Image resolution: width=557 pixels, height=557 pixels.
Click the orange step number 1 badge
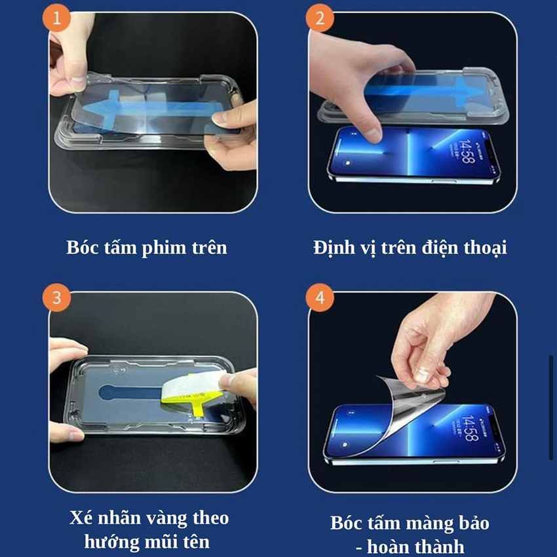tap(56, 18)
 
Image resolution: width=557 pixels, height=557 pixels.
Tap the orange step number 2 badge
tap(320, 18)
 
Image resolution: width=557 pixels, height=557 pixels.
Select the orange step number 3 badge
tap(56, 298)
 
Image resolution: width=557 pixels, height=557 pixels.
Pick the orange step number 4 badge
tap(320, 298)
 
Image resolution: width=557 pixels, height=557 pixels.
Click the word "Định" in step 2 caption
tap(334, 248)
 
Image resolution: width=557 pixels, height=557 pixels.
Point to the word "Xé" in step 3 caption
tap(81, 518)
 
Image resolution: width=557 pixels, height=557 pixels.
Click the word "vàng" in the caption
tap(167, 518)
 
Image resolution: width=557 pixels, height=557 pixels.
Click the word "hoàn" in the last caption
tap(389, 547)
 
